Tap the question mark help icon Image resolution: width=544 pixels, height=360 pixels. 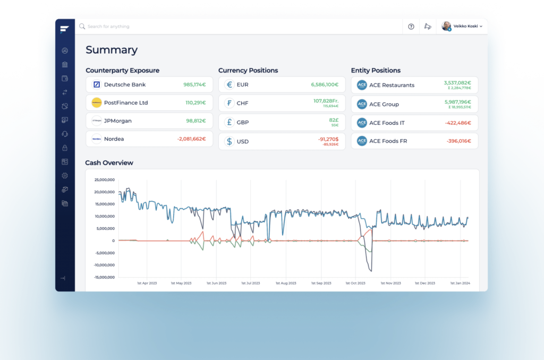point(411,27)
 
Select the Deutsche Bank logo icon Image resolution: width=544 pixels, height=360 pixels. point(97,84)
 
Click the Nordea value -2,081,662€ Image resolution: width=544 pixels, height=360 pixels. point(191,139)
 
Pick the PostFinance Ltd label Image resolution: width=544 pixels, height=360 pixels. point(126,102)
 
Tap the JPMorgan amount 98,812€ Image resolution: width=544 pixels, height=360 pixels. point(195,121)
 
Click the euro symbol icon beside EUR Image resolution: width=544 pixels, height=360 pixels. point(229,84)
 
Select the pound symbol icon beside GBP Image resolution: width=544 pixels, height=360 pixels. point(229,123)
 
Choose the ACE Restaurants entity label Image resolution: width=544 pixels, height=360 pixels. point(392,85)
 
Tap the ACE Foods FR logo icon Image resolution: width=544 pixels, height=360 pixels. point(362,141)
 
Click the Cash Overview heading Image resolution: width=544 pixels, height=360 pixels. point(109,162)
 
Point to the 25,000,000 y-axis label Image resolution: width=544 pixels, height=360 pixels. point(104,179)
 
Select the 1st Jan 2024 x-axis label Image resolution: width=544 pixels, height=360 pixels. point(460,284)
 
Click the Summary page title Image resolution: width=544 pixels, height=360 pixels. point(112,50)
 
